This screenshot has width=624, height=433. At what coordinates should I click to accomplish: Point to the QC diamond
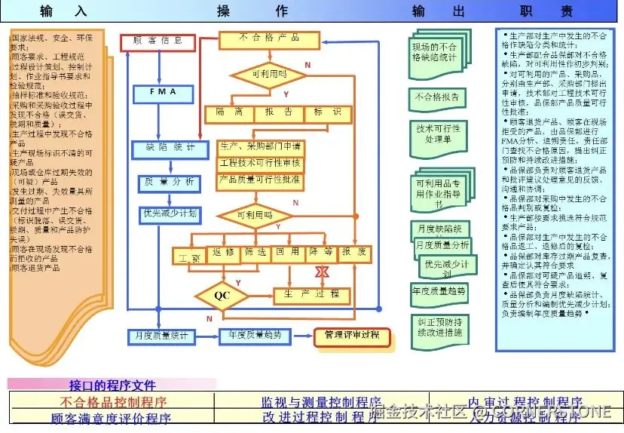(221, 295)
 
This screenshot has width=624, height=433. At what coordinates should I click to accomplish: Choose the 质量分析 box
(169, 183)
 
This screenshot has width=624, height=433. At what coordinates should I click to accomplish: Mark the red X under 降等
(323, 271)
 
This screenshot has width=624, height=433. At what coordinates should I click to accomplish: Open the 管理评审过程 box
(351, 336)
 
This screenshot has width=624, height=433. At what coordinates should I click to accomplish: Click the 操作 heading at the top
(252, 11)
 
